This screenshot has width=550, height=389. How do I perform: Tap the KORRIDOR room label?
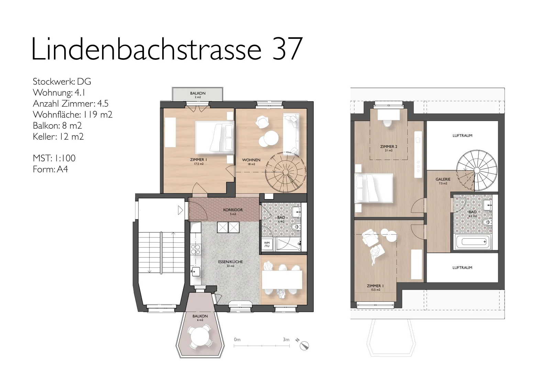[233, 210]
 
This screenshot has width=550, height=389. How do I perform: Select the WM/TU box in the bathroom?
[267, 244]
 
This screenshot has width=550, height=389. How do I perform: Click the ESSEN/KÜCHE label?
[230, 262]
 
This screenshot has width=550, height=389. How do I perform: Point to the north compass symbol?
[304, 345]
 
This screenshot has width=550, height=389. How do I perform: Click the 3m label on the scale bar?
[286, 339]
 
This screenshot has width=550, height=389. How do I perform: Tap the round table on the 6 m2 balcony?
[200, 337]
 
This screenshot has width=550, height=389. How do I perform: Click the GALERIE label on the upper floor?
[443, 180]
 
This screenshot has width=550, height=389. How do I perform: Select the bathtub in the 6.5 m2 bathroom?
[473, 242]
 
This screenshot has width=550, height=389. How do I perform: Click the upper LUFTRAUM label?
[462, 136]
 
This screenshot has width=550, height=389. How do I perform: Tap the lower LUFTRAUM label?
[462, 268]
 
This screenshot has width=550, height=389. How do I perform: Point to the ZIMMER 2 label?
[389, 147]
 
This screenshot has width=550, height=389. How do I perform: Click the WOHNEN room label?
[251, 160]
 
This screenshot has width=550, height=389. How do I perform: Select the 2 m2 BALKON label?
[198, 93]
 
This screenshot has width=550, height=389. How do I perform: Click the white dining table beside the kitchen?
[282, 280]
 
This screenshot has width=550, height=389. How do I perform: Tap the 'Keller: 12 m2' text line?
[58, 137]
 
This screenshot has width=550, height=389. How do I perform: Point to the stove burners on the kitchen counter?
[196, 249]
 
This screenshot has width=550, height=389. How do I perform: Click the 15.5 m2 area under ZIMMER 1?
[375, 290]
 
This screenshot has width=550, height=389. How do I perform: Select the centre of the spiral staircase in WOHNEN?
[285, 172]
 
